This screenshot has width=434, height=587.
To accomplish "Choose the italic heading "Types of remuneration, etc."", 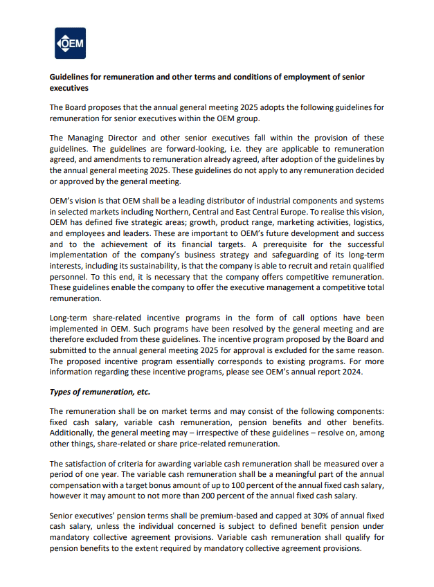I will [x=100, y=392].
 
